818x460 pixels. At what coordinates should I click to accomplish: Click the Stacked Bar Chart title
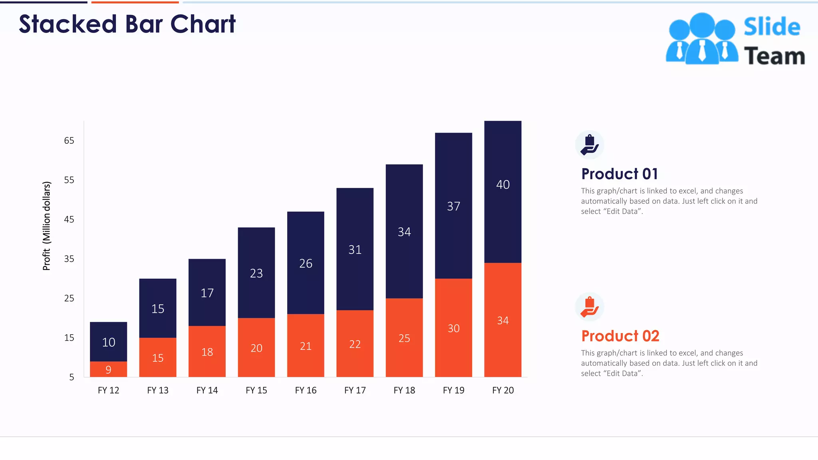click(127, 24)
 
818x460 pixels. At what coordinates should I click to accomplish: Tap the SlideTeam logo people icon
click(702, 39)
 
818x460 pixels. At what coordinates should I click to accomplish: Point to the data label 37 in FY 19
click(453, 206)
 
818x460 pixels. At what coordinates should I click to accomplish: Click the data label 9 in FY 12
click(108, 370)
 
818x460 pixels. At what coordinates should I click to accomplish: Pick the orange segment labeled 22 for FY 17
click(355, 344)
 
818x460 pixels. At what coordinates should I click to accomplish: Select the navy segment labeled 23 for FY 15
click(256, 274)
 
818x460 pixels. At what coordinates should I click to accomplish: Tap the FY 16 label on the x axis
click(306, 390)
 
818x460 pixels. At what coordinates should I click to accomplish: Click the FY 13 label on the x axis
click(158, 390)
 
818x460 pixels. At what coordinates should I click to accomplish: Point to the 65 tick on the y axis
click(69, 141)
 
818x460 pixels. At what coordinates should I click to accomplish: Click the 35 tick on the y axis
click(69, 259)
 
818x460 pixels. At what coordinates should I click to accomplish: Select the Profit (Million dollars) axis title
click(47, 226)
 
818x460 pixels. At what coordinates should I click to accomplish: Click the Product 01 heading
click(619, 174)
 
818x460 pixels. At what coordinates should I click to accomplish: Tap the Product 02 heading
click(620, 336)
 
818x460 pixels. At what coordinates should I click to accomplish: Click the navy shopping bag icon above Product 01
click(590, 145)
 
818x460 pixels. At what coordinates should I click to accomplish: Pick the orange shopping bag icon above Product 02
click(590, 307)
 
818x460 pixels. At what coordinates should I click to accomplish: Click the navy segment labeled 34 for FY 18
click(404, 232)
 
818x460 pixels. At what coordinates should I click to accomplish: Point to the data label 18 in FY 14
click(207, 352)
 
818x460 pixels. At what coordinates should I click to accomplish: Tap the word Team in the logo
click(774, 56)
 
